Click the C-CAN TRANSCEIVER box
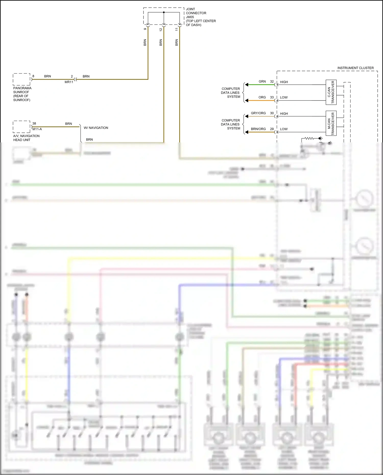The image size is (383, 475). click(x=331, y=92)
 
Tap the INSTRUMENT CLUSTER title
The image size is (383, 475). click(x=355, y=68)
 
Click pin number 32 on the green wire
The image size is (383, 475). click(x=272, y=82)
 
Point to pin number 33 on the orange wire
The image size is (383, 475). click(x=272, y=98)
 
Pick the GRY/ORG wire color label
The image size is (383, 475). click(x=258, y=113)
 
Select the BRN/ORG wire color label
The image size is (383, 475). click(x=258, y=129)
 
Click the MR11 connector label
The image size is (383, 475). click(x=69, y=82)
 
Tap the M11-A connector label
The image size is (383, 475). click(x=37, y=129)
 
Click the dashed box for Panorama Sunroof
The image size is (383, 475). click(x=22, y=79)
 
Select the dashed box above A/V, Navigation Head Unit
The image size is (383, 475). click(x=22, y=127)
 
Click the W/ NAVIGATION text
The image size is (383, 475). click(x=96, y=128)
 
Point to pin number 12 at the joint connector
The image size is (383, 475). click(x=161, y=30)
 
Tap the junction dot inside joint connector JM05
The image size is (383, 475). click(x=164, y=12)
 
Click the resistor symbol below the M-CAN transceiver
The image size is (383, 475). click(x=309, y=138)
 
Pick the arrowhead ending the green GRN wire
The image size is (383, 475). click(x=247, y=85)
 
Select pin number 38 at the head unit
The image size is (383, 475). click(x=34, y=124)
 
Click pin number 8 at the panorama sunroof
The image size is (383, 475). click(x=33, y=76)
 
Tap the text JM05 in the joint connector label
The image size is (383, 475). click(x=190, y=17)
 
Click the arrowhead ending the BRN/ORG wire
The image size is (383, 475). click(x=247, y=132)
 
